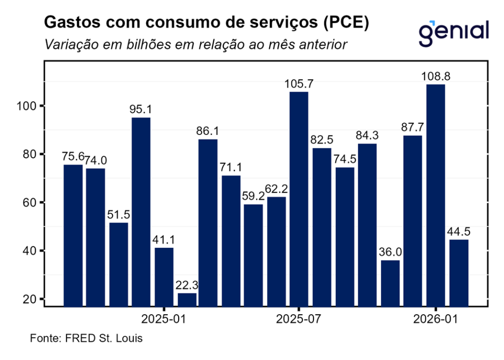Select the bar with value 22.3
187,299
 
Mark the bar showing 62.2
276,251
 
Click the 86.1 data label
208,131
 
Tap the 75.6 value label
72,157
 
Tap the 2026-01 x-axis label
436,319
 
